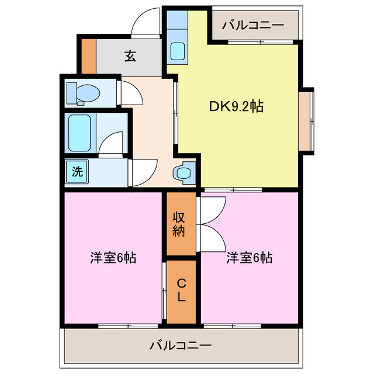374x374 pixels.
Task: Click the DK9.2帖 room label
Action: pos(236,106)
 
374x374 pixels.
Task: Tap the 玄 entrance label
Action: pos(130,57)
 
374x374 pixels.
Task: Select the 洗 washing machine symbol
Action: pos(77,172)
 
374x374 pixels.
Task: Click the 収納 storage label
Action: pos(179,223)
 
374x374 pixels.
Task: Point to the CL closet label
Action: pos(181,290)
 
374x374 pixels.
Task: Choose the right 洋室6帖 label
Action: pos(250,257)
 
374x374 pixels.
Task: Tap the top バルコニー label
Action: pos(254,25)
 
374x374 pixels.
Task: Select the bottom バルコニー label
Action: pos(180,345)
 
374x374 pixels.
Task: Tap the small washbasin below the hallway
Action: pos(183,173)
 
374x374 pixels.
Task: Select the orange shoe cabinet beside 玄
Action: pos(88,56)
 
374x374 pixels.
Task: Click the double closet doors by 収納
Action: pos(212,224)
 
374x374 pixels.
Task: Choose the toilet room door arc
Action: pos(130,92)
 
